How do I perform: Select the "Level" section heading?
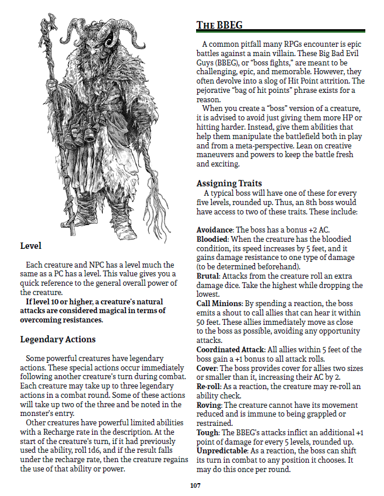30,246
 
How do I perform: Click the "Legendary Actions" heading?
58,339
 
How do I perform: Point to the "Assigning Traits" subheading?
229,183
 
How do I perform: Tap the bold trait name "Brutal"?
208,286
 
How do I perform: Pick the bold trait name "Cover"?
207,368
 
